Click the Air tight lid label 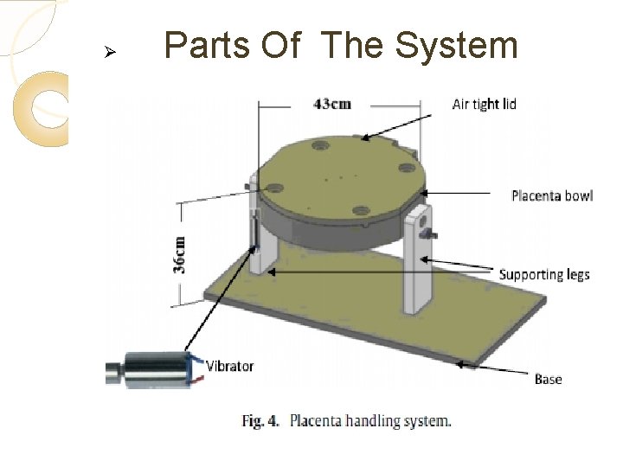484,105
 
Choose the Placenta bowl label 551,196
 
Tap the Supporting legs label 543,275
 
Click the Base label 548,379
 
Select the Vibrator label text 229,366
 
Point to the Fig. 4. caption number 260,421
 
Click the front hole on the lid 361,210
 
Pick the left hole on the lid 275,186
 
